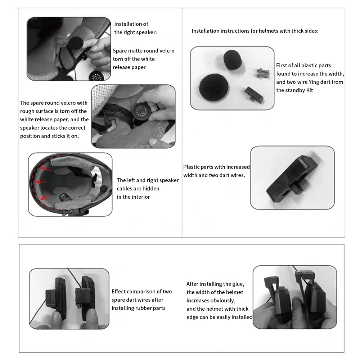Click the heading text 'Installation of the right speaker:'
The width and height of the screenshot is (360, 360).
[x=135, y=28]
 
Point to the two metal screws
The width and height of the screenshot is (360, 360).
[x=262, y=73]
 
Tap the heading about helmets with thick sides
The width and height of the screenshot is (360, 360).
[x=255, y=31]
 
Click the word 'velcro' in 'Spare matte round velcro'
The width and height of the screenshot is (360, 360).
[x=166, y=51]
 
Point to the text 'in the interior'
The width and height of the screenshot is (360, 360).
[x=133, y=197]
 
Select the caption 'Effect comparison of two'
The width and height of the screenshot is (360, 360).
[x=141, y=292]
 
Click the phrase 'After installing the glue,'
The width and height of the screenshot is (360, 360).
[x=215, y=284]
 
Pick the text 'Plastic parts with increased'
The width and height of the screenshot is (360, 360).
[x=216, y=167]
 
